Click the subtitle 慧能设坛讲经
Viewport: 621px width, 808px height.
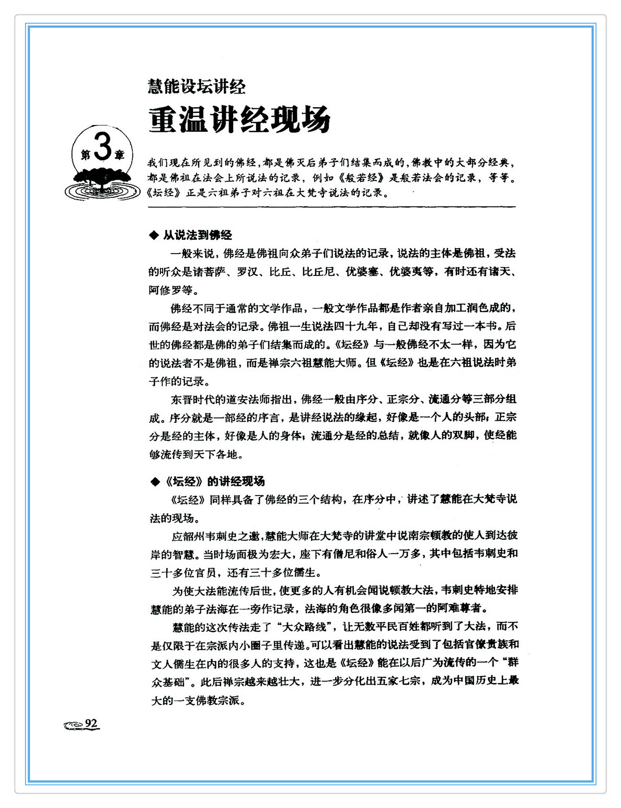click(197, 86)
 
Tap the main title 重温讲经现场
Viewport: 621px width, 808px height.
click(239, 120)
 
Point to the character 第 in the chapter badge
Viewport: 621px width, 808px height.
click(85, 155)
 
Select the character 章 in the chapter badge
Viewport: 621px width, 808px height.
click(120, 155)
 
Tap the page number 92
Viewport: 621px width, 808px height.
click(91, 723)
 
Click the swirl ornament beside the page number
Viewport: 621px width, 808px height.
click(73, 725)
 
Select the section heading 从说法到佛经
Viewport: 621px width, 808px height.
click(197, 235)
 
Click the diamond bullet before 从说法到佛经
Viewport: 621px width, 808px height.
click(154, 236)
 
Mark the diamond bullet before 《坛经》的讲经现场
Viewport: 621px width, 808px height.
click(154, 481)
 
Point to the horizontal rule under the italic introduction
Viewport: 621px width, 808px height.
click(331, 207)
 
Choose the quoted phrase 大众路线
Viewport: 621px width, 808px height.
click(304, 627)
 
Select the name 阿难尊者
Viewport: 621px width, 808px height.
click(458, 608)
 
